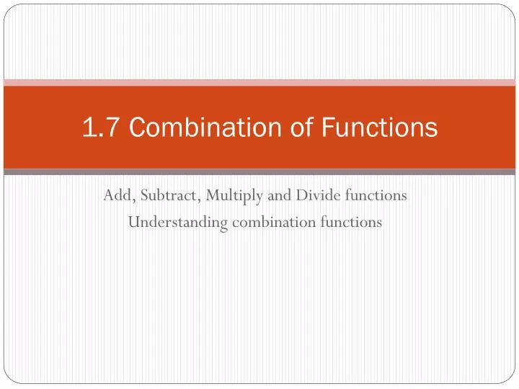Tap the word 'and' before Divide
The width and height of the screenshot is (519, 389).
[x=265, y=195]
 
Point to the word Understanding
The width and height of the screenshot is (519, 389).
[x=177, y=223]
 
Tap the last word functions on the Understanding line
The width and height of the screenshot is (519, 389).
[x=350, y=223]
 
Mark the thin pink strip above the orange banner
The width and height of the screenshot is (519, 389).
[x=259, y=82]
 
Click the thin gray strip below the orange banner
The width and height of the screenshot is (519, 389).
[x=259, y=172]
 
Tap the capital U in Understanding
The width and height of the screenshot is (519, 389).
[x=133, y=223]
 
